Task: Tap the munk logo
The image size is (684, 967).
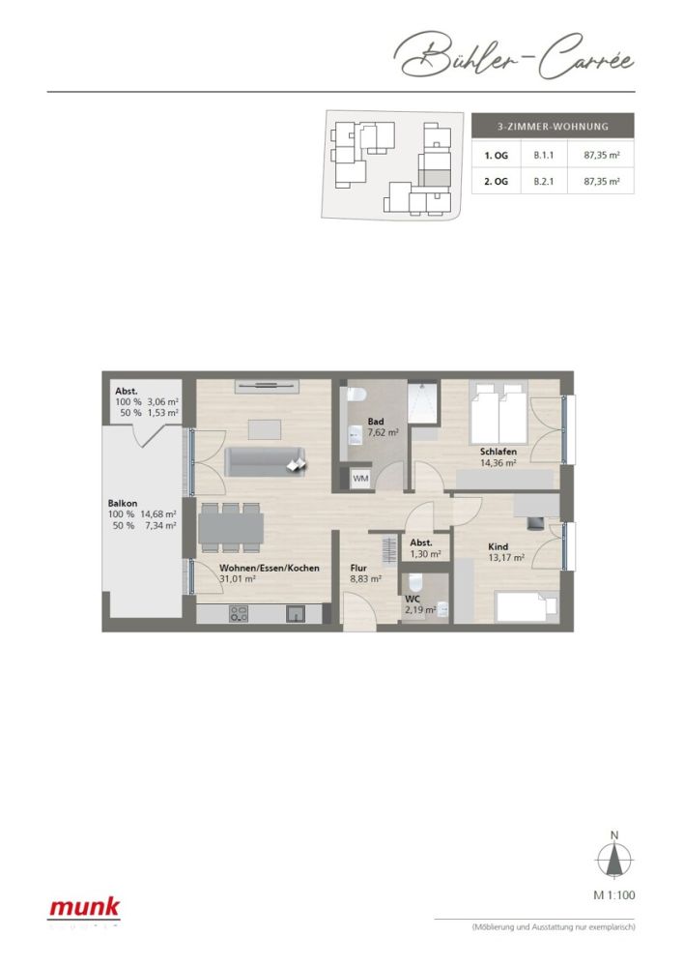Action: pyautogui.click(x=85, y=908)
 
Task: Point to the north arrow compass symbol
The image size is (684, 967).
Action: pyautogui.click(x=613, y=858)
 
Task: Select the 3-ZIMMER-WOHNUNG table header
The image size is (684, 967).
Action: pyautogui.click(x=552, y=127)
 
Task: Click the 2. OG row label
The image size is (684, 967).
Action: pyautogui.click(x=496, y=181)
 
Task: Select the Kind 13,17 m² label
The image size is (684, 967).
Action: pyautogui.click(x=504, y=551)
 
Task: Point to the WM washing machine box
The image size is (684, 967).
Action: pyautogui.click(x=360, y=478)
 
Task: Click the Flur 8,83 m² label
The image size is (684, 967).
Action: pyautogui.click(x=365, y=573)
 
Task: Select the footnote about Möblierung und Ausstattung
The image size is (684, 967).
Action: pyautogui.click(x=553, y=927)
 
